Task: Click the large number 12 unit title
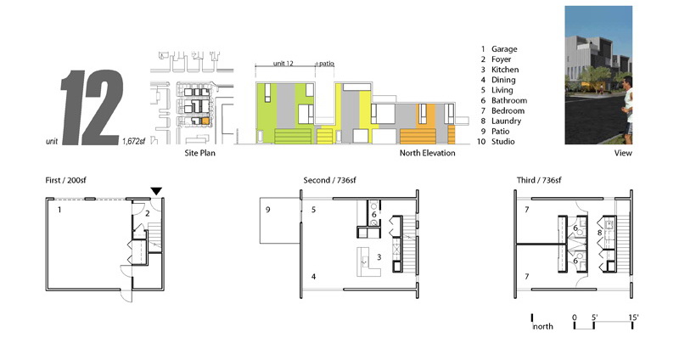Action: click(x=92, y=108)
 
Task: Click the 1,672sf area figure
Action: click(x=133, y=141)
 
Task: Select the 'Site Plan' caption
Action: click(x=199, y=153)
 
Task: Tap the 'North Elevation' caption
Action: click(x=427, y=153)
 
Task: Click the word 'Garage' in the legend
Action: click(x=504, y=49)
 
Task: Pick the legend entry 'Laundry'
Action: click(x=506, y=121)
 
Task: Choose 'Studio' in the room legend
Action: click(x=502, y=142)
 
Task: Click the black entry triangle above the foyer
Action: click(x=156, y=191)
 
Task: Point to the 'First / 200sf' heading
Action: click(x=65, y=180)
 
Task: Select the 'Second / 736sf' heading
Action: click(x=329, y=180)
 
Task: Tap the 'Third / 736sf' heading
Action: click(x=539, y=180)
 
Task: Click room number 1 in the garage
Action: click(x=59, y=210)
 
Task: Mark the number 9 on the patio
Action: click(x=267, y=210)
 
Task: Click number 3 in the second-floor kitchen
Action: click(x=379, y=257)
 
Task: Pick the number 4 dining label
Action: click(x=313, y=277)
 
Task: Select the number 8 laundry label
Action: click(x=600, y=233)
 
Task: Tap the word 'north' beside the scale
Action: click(x=543, y=327)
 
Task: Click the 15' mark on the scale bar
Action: click(x=633, y=318)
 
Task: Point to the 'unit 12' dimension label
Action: click(x=283, y=63)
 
